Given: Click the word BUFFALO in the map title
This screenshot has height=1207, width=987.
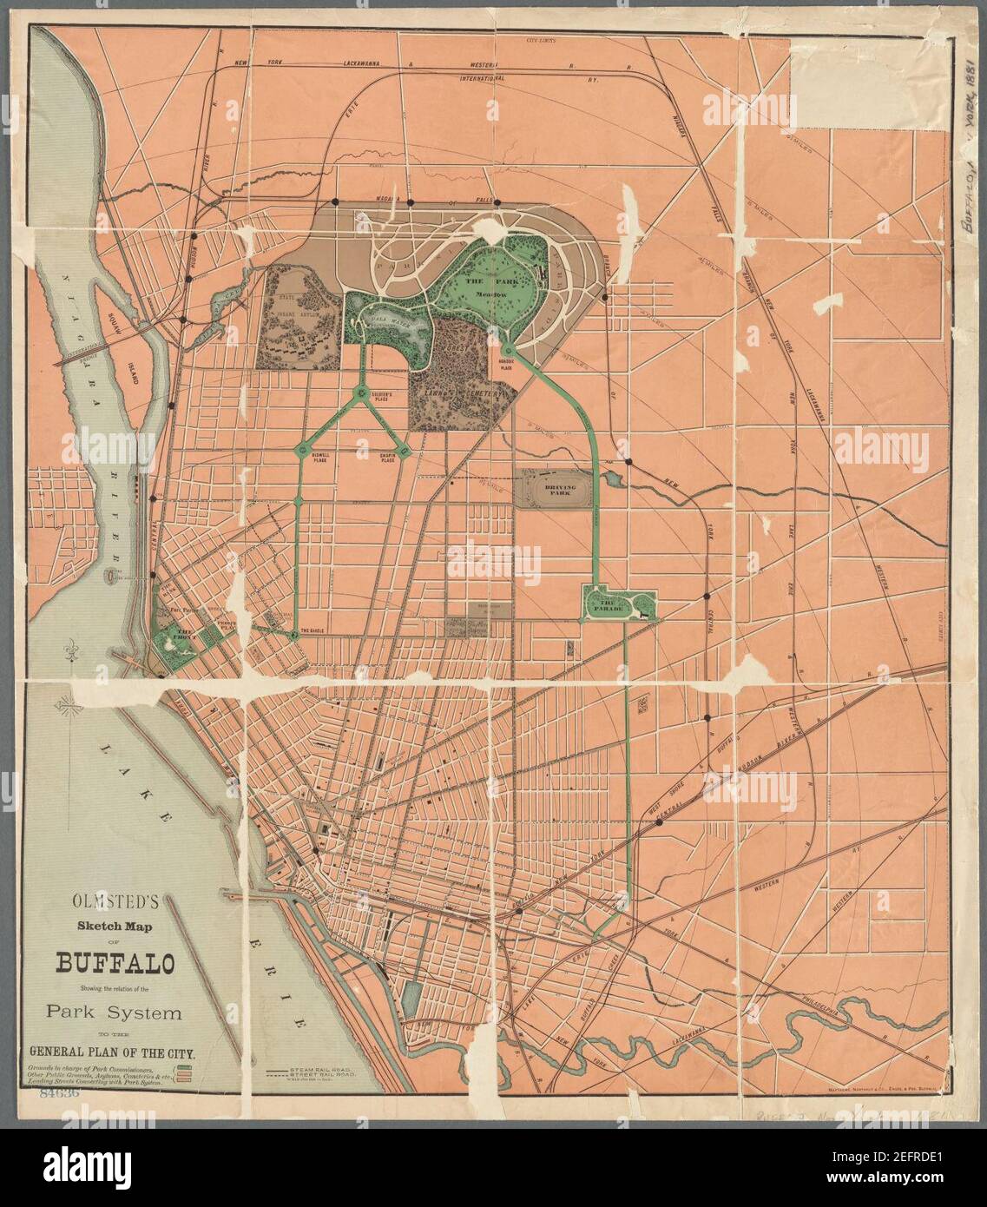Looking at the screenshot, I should pyautogui.click(x=115, y=964).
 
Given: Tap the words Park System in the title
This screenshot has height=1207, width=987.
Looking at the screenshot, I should pyautogui.click(x=115, y=1012).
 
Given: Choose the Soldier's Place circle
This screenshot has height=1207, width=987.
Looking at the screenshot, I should pyautogui.click(x=362, y=394).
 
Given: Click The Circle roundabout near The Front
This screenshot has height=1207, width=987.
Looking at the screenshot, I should pyautogui.click(x=294, y=636).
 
